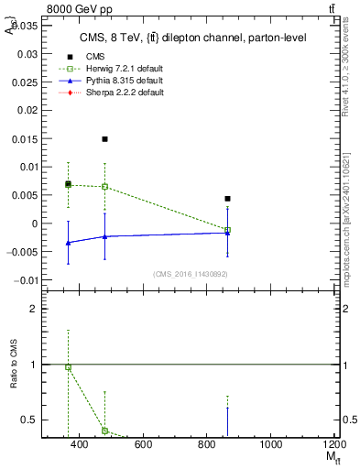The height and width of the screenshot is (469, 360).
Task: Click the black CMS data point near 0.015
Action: coord(105,139)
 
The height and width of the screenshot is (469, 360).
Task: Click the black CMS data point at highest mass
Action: coord(227,199)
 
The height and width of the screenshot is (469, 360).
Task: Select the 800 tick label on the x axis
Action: coord(206,444)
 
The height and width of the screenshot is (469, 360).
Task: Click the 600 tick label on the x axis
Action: coord(143,444)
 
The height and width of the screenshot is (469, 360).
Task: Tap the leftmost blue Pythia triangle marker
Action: coord(68,243)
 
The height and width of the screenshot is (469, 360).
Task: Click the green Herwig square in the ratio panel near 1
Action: coord(68,366)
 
